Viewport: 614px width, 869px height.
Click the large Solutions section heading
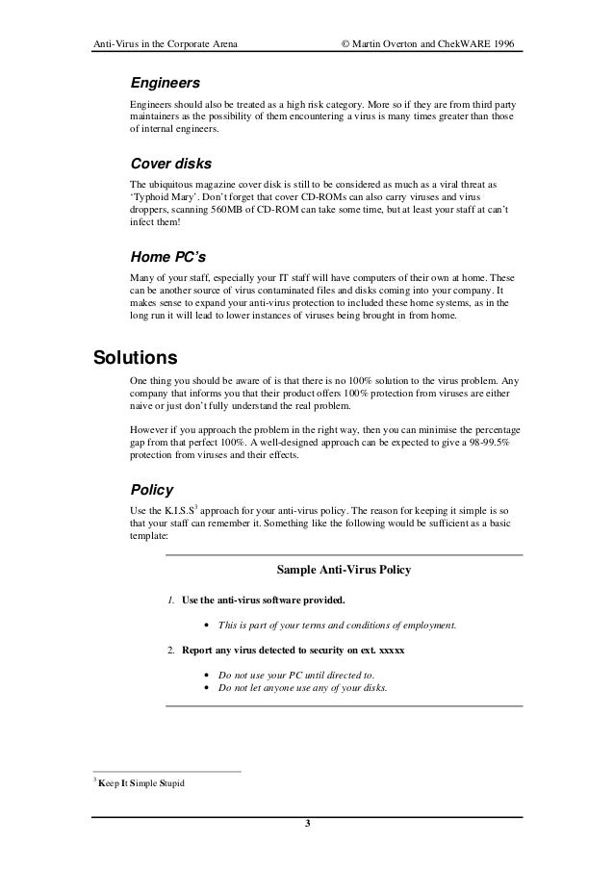pos(135,358)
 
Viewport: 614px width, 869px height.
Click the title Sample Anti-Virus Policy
pos(344,570)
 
